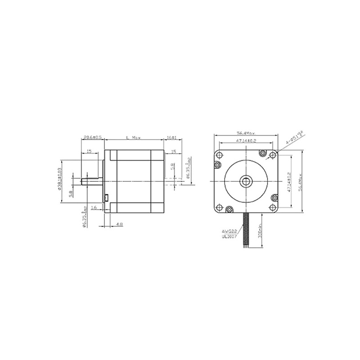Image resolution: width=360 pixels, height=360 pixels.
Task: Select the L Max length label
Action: click(x=133, y=137)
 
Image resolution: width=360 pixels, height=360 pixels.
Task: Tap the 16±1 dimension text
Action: click(x=171, y=137)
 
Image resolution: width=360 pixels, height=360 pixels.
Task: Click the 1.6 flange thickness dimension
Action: click(x=94, y=207)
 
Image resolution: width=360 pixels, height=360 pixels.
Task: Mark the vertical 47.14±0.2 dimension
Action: click(x=289, y=181)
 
